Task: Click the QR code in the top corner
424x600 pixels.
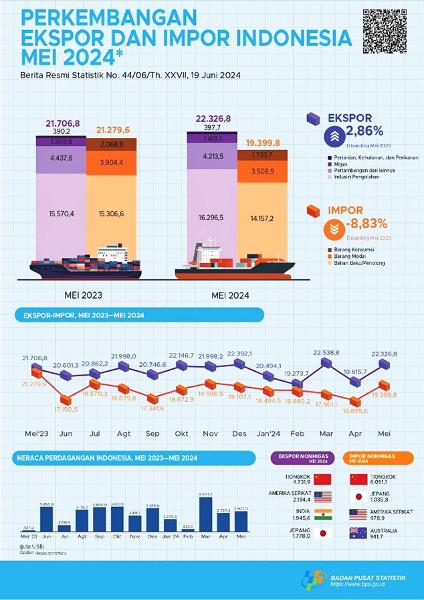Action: tap(385, 31)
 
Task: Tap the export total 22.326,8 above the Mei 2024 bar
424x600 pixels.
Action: tap(213, 119)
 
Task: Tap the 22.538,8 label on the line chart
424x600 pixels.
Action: tap(327, 352)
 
